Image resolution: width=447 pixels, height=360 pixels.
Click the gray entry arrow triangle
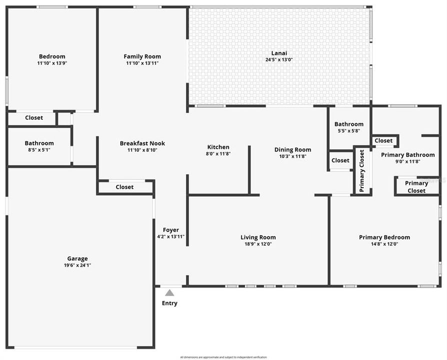point(169,293)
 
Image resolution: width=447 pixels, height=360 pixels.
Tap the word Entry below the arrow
point(169,303)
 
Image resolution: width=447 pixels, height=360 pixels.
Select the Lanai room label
point(279,53)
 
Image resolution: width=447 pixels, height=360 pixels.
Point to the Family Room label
point(142,56)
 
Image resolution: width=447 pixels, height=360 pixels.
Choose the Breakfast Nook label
point(142,143)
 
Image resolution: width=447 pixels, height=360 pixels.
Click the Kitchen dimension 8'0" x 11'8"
point(218,154)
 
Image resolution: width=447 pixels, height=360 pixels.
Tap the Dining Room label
point(292,149)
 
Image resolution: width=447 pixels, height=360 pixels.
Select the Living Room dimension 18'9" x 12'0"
point(258,244)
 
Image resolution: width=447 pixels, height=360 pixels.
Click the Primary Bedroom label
point(384,237)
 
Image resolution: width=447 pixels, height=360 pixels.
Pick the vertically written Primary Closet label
point(362,171)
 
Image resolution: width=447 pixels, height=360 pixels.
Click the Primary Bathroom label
point(407,155)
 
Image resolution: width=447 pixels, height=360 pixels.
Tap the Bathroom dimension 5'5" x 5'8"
point(349,131)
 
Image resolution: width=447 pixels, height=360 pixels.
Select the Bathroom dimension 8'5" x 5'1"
point(39,150)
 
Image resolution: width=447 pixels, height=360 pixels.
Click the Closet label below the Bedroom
point(34,118)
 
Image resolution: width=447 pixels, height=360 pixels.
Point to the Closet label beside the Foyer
point(124,187)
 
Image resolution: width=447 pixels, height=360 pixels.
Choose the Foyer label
point(170,230)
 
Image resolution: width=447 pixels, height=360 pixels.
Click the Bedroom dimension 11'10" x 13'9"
point(52,63)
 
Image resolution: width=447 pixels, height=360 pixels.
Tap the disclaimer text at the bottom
point(223,357)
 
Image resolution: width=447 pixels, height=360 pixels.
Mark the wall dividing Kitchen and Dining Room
point(249,170)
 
